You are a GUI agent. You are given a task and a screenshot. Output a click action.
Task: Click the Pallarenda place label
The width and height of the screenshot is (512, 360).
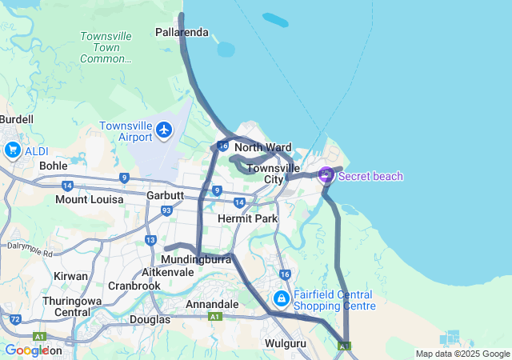pos(182,33)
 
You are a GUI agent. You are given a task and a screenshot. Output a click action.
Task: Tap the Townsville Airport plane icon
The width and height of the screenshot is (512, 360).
pos(165,130)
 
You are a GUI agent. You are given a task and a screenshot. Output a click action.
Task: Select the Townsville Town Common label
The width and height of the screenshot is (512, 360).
pos(106,47)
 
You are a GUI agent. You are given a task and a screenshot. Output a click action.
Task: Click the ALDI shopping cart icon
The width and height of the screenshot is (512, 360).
pos(13,150)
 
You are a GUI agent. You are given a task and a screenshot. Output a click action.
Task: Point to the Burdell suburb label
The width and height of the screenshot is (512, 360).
pos(16,119)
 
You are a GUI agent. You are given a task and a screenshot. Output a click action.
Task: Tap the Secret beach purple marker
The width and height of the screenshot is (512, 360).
pos(326,175)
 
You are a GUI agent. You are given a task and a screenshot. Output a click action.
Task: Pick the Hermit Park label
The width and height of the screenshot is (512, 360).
pos(247,218)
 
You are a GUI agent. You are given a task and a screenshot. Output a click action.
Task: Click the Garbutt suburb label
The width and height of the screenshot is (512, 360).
pos(166,196)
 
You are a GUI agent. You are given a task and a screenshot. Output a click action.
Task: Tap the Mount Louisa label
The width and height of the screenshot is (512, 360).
pos(89,199)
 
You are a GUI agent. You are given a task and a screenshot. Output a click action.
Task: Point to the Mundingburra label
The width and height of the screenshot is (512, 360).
pos(196,260)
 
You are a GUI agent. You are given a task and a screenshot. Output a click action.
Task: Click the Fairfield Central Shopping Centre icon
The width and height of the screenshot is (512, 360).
pos(281,299)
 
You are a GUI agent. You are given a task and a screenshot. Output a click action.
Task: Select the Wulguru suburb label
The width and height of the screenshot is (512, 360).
pos(286,343)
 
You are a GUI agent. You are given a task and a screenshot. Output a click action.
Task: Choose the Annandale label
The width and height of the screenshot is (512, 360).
pos(212,305)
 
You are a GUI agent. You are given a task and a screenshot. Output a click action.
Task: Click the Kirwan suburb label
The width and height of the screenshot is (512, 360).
pos(70,276)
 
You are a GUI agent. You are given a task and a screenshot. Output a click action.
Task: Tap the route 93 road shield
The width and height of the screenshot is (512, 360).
pos(166,211)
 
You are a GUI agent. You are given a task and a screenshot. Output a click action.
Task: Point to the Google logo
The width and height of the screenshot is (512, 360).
pos(26,350)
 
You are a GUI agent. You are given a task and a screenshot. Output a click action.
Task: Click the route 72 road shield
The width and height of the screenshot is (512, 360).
pos(16,319)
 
